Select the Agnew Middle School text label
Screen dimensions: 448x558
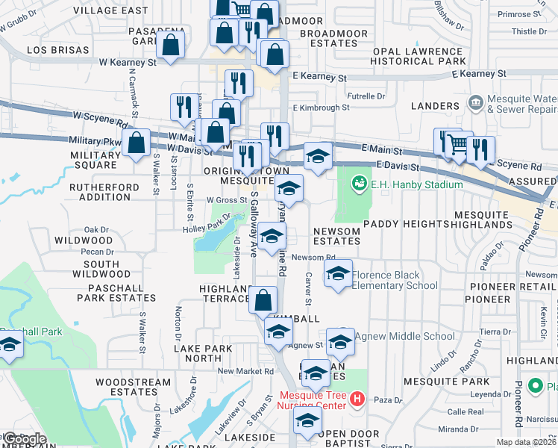404,336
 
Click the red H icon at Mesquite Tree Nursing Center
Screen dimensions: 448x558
357,400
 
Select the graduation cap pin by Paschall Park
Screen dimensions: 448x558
10,345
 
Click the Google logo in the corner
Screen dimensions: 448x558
24,439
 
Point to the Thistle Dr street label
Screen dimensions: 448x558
529,31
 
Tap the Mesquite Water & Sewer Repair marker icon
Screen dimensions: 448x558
474,102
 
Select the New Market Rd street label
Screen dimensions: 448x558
245,371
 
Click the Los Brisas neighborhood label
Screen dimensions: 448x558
57,50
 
